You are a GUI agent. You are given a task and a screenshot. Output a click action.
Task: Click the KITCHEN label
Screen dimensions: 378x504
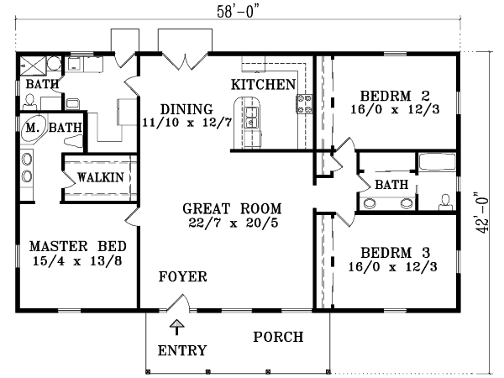tap(263, 84)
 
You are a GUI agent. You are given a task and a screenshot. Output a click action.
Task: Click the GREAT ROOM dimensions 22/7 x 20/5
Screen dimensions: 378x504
tap(233, 223)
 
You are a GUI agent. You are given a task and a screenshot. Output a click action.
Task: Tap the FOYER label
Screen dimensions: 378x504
tap(182, 276)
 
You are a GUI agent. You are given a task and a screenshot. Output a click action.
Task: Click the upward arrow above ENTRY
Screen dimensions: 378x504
tap(176, 327)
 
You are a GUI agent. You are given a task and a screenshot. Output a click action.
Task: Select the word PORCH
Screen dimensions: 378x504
tap(278, 338)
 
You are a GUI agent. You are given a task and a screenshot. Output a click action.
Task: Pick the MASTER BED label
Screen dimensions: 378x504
tap(77, 246)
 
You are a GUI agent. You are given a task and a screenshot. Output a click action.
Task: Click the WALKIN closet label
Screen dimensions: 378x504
tap(100, 177)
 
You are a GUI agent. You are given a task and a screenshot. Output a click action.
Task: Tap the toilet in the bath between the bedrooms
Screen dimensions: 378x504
tap(445, 200)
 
